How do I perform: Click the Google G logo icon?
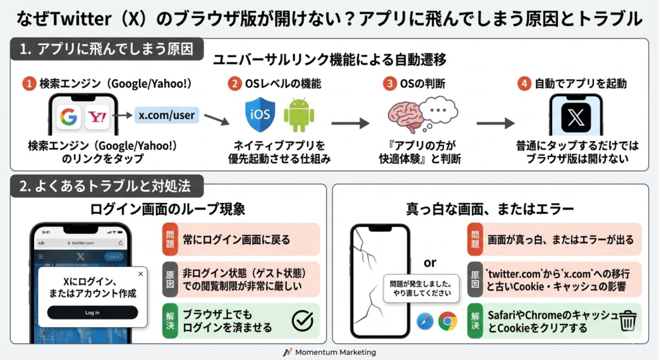click(x=68, y=118)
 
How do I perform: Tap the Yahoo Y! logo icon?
click(x=99, y=118)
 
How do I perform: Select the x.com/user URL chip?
click(x=167, y=116)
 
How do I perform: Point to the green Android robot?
click(x=299, y=115)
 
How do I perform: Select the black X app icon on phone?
click(x=575, y=118)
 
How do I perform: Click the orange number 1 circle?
click(x=28, y=84)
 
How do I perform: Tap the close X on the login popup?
click(x=141, y=274)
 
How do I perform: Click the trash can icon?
click(x=627, y=320)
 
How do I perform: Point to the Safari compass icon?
click(x=425, y=321)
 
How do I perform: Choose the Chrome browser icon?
click(x=448, y=321)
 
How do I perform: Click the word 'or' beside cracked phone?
click(x=430, y=262)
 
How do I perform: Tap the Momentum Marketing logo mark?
click(x=288, y=352)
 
